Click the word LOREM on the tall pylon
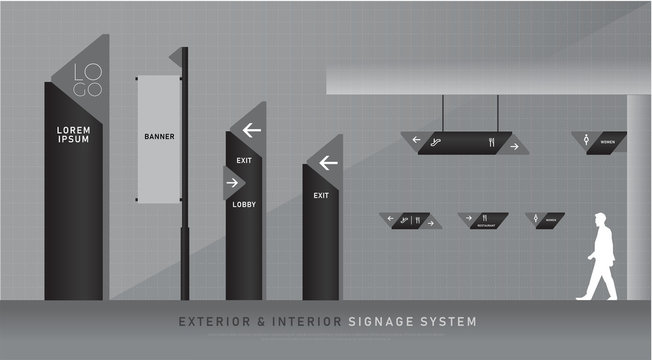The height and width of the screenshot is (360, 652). click(x=74, y=128)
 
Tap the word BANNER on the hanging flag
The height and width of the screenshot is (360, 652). click(x=159, y=137)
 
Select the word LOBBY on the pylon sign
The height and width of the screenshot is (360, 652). click(x=244, y=204)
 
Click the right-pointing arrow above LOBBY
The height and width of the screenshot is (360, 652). click(x=232, y=183)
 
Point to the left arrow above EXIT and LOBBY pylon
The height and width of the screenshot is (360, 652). click(x=251, y=129)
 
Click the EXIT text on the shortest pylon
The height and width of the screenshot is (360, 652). click(x=320, y=196)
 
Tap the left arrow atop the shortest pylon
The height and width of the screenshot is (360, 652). click(x=328, y=162)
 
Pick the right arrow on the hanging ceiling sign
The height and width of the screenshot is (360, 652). click(x=514, y=146)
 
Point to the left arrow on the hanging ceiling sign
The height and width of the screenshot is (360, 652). click(x=416, y=140)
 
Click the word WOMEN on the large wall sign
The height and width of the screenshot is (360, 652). click(x=607, y=143)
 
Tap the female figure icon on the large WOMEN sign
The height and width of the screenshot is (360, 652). click(x=586, y=142)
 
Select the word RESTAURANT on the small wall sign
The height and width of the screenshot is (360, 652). click(x=484, y=225)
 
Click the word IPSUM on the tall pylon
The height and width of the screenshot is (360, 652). click(x=74, y=139)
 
